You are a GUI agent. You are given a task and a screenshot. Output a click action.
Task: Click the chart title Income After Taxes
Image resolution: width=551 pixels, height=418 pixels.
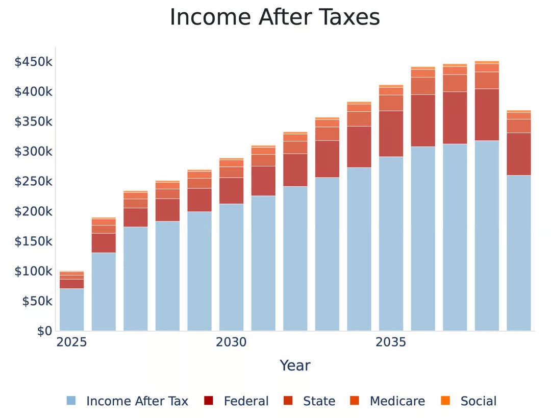274,17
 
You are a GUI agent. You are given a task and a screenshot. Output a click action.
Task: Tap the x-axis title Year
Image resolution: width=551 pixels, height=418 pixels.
295,365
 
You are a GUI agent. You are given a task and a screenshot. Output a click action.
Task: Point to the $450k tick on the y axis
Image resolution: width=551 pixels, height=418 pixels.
33,62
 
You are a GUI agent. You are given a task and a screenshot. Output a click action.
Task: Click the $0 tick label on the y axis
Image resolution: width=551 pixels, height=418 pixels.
44,331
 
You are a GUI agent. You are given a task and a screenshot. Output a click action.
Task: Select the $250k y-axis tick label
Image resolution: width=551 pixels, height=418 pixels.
33,182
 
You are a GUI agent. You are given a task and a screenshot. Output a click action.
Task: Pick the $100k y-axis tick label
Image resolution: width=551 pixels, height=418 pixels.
33,271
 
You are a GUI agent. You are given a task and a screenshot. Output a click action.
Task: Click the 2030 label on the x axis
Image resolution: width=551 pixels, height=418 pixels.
231,342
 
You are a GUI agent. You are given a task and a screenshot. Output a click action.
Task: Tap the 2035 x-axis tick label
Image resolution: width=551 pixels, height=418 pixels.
391,342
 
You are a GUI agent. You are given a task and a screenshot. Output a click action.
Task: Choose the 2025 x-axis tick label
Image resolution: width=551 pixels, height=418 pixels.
71,342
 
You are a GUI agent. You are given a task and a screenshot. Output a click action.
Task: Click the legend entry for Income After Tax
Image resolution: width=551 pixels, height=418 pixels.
128,401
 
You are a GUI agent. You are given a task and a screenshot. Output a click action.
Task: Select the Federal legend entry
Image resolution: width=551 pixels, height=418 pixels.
236,401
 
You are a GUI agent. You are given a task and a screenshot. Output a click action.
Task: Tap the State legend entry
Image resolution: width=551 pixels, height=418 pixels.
310,401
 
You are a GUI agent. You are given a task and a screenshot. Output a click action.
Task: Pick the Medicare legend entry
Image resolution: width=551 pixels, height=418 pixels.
388,401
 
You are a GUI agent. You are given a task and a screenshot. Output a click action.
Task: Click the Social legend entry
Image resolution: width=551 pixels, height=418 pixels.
468,401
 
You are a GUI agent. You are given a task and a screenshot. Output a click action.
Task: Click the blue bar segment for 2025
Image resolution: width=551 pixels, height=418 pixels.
71,310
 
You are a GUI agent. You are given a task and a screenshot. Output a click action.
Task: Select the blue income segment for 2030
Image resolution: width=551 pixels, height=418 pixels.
231,267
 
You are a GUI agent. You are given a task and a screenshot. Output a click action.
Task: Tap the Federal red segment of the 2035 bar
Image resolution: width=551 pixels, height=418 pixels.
391,134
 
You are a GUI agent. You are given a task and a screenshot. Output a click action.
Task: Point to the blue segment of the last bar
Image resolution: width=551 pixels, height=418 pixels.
518,253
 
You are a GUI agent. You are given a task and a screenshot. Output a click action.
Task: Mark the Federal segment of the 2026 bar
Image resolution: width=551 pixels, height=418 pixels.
104,243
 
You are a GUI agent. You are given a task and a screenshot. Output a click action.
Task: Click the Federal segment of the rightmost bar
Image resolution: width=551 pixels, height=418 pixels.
518,154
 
